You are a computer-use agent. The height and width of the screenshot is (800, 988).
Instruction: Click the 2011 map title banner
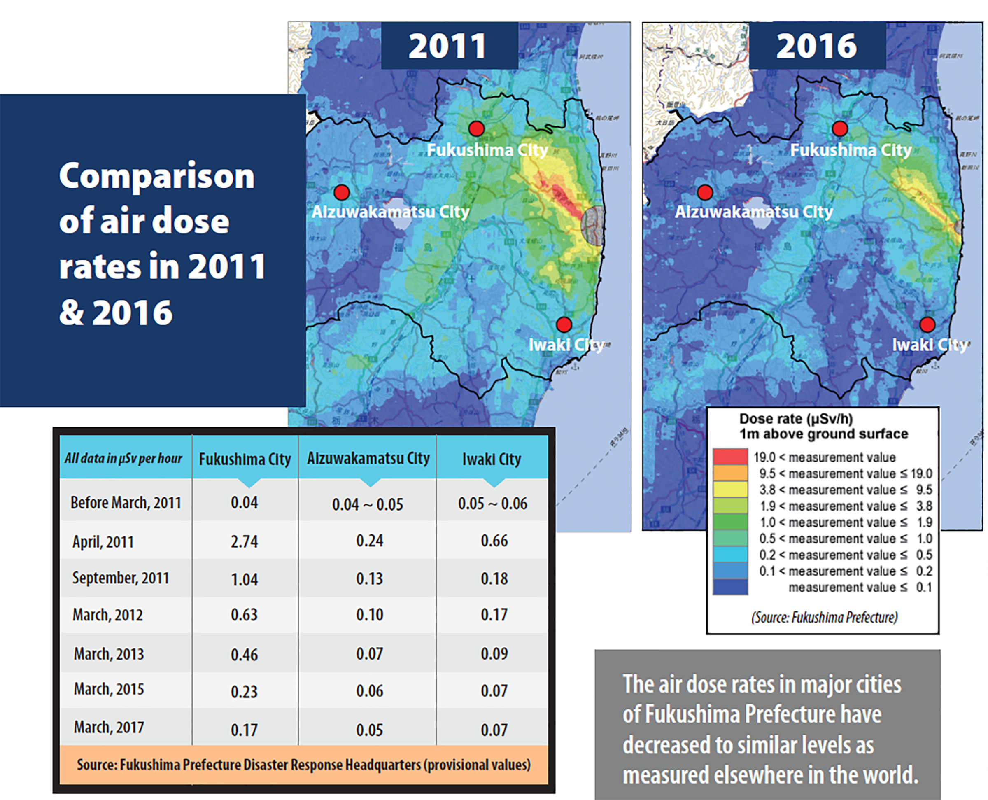(449, 46)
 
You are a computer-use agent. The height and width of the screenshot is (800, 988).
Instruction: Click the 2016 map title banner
(817, 46)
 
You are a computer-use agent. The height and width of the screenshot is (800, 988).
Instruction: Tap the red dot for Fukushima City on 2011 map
(476, 128)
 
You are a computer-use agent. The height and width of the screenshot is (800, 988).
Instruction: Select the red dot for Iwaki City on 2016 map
(927, 324)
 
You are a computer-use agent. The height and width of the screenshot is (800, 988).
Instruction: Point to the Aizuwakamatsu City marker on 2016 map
(705, 192)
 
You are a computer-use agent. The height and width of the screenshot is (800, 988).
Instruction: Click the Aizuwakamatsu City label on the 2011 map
(390, 212)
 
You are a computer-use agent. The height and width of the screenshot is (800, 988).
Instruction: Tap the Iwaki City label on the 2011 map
(566, 345)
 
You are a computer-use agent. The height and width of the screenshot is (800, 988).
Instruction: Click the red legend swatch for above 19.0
(730, 457)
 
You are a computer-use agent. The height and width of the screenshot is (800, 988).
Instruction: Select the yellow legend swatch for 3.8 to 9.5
(730, 490)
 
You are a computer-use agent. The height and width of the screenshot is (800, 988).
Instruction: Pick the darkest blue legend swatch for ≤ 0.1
(730, 587)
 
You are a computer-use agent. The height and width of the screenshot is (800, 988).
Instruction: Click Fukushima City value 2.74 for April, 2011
(244, 541)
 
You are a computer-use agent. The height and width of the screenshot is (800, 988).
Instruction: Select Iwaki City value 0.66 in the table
(494, 541)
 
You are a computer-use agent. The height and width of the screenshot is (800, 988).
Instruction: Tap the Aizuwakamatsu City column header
(368, 459)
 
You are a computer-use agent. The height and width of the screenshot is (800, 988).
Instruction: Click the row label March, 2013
(109, 654)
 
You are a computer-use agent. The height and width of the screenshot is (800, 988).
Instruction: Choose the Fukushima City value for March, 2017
(244, 730)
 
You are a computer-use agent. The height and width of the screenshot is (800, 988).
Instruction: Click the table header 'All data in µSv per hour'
(123, 459)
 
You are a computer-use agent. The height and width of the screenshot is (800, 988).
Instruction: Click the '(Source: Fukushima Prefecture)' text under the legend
(825, 617)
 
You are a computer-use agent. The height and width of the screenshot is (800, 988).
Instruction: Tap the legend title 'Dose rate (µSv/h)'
(796, 419)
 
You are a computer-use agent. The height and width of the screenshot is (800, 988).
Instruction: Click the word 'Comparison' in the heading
(157, 176)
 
